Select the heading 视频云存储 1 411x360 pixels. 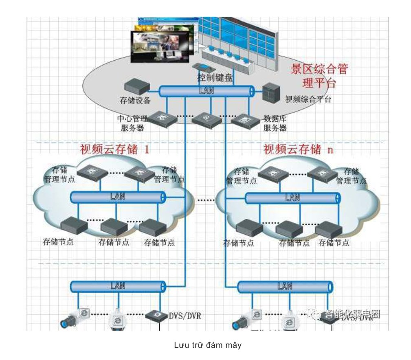[115, 149]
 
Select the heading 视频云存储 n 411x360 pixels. [298, 149]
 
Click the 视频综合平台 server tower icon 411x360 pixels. [270, 92]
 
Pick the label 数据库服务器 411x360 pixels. [275, 123]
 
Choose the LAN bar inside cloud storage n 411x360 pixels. [292, 198]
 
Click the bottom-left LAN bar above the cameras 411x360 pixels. [118, 286]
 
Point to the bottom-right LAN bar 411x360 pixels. [285, 287]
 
